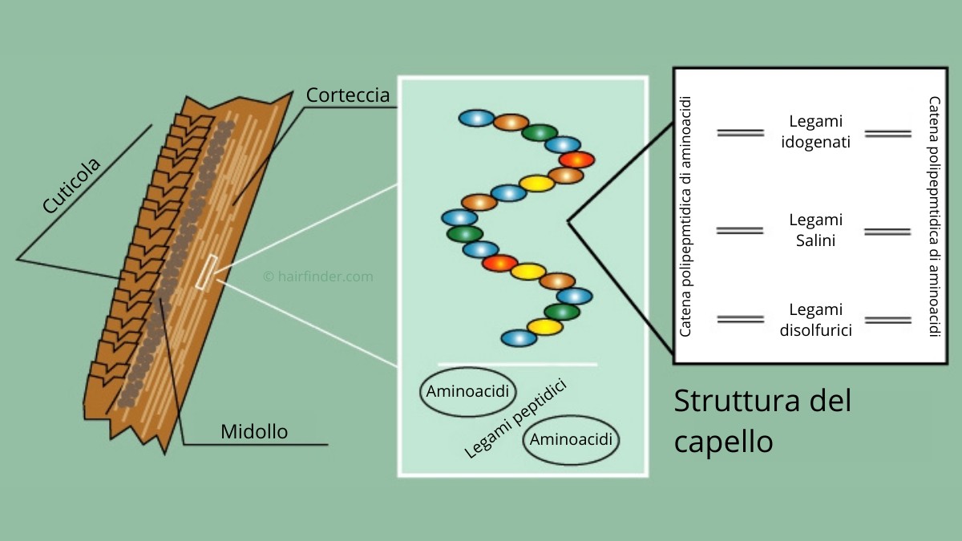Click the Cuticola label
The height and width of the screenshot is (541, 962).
click(x=71, y=185)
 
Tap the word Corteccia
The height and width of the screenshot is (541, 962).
click(x=348, y=95)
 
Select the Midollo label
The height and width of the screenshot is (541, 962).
click(x=254, y=431)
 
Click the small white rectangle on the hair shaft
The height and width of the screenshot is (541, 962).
click(x=207, y=273)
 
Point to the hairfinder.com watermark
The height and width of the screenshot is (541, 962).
click(x=318, y=276)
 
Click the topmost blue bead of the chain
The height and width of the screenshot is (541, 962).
click(x=476, y=118)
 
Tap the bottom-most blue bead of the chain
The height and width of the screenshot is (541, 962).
click(x=519, y=338)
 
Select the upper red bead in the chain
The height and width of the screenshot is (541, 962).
click(x=576, y=159)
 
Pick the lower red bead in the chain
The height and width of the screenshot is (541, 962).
click(x=500, y=263)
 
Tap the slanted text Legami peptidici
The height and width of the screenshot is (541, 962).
click(x=515, y=418)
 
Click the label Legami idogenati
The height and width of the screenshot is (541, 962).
click(x=815, y=131)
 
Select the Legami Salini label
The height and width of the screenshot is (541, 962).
click(x=815, y=230)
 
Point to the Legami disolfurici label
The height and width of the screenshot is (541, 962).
click(x=815, y=320)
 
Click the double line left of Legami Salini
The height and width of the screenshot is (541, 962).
click(x=740, y=231)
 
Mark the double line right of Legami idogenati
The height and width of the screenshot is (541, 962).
click(x=888, y=134)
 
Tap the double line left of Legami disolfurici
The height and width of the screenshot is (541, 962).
click(x=741, y=319)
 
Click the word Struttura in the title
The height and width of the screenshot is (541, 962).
click(x=737, y=401)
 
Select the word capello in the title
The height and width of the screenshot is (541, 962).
click(x=724, y=441)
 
